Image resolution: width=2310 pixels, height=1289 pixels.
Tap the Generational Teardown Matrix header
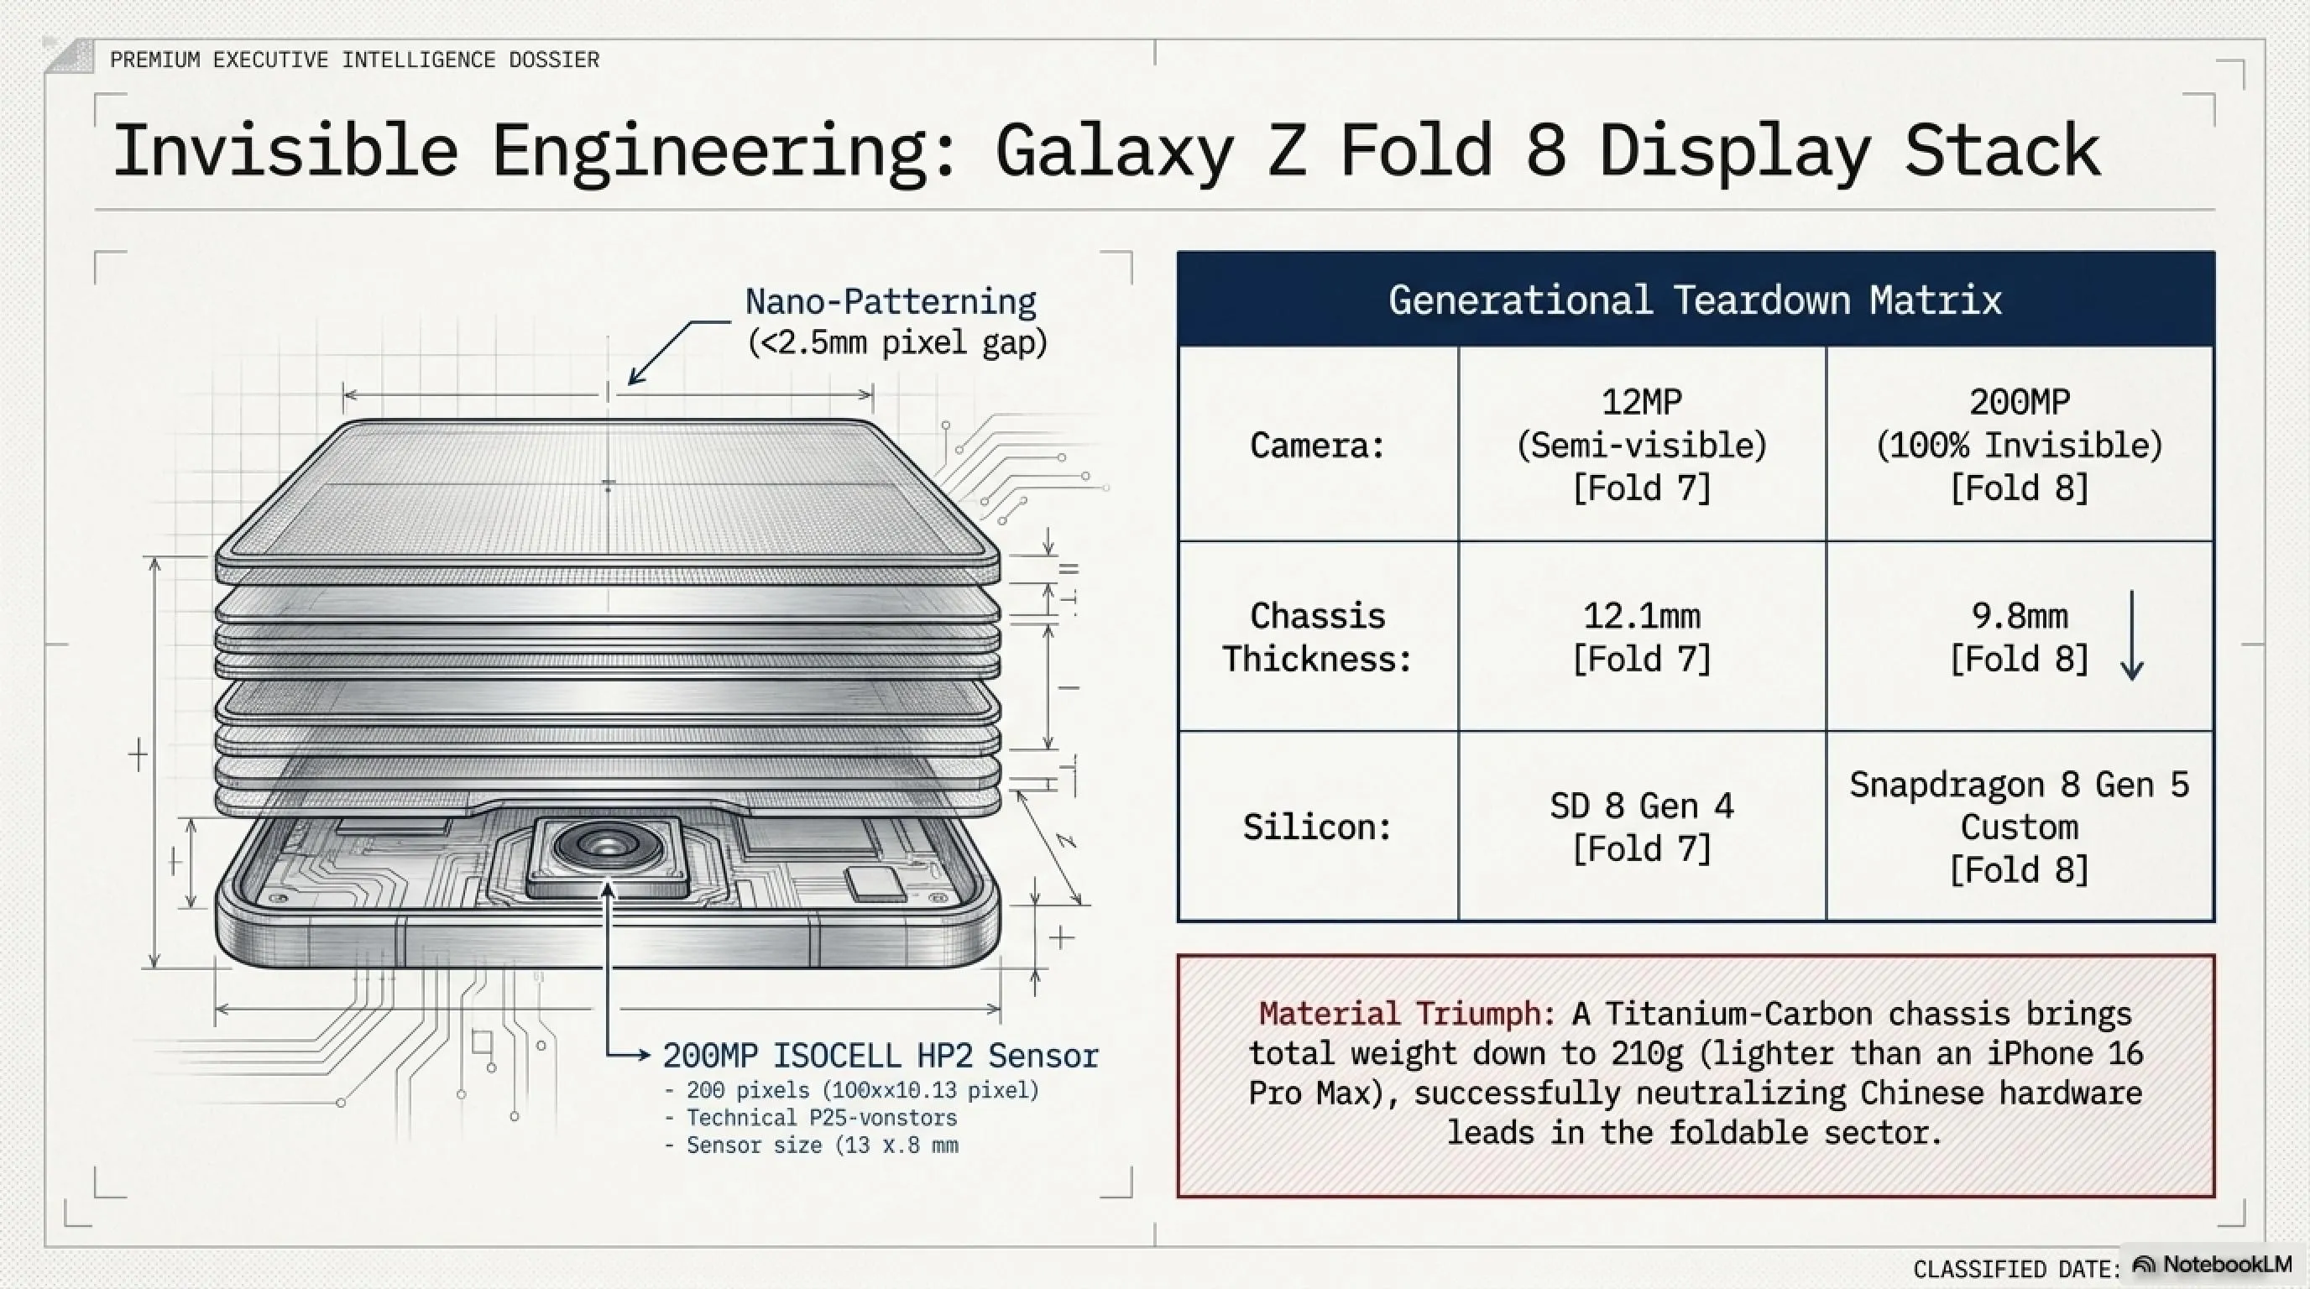point(1695,300)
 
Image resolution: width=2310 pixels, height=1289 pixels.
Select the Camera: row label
point(1317,446)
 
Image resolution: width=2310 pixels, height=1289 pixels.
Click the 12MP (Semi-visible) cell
point(1641,446)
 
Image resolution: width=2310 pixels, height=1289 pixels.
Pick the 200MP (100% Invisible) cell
point(2019,446)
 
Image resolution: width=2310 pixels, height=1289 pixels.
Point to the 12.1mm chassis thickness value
point(1641,617)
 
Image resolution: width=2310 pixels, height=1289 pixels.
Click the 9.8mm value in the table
point(2019,617)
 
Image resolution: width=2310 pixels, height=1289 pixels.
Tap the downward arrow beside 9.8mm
point(2132,635)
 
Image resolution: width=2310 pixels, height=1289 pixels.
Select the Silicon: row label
point(1317,827)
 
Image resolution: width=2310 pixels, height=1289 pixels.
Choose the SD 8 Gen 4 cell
point(1641,827)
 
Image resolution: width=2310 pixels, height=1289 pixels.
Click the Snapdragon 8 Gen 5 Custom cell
point(2019,827)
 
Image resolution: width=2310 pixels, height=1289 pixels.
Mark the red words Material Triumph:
point(1406,1014)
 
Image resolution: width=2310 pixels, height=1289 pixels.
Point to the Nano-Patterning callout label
point(891,302)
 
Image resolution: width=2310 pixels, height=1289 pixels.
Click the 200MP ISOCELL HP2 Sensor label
point(880,1056)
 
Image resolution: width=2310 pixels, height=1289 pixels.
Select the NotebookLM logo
point(2213,1265)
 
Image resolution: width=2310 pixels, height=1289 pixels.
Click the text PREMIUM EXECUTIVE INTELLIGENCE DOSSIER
point(354,60)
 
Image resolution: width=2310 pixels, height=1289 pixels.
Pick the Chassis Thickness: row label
point(1317,637)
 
